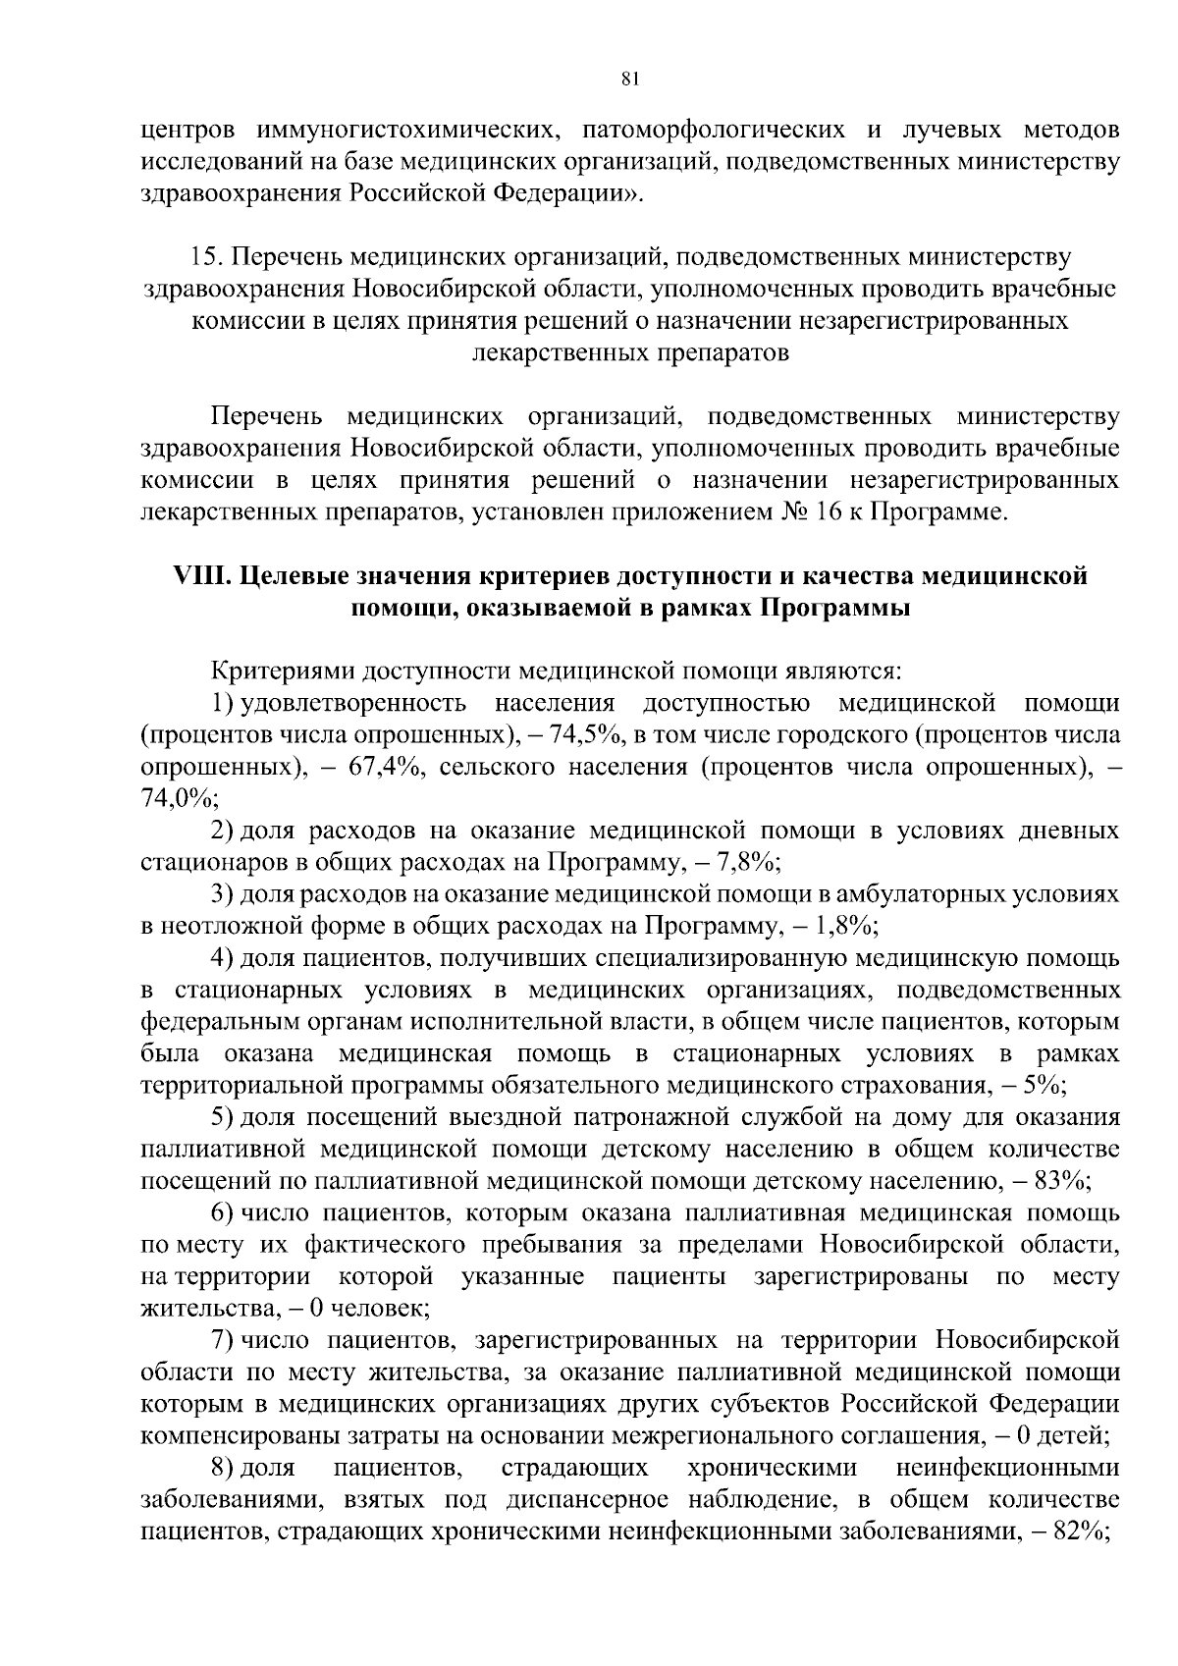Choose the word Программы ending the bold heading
836,609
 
